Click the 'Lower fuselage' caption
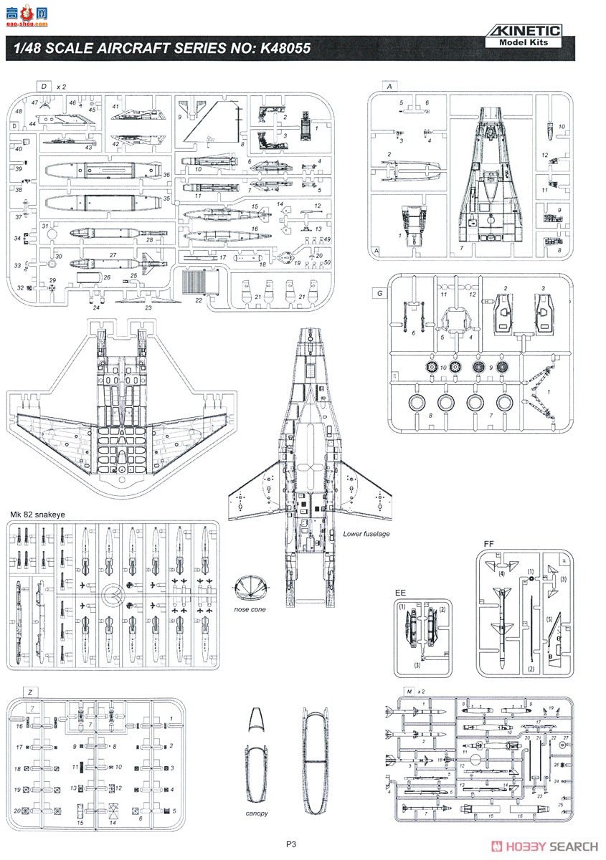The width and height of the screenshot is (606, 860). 365,534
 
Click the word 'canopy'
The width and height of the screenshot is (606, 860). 256,813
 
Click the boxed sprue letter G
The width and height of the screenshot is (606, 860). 378,293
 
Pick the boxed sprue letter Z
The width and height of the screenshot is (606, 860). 30,692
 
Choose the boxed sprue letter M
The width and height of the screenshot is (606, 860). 408,692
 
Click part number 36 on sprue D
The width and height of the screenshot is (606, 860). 166,175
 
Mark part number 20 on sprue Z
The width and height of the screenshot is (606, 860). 17,810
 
